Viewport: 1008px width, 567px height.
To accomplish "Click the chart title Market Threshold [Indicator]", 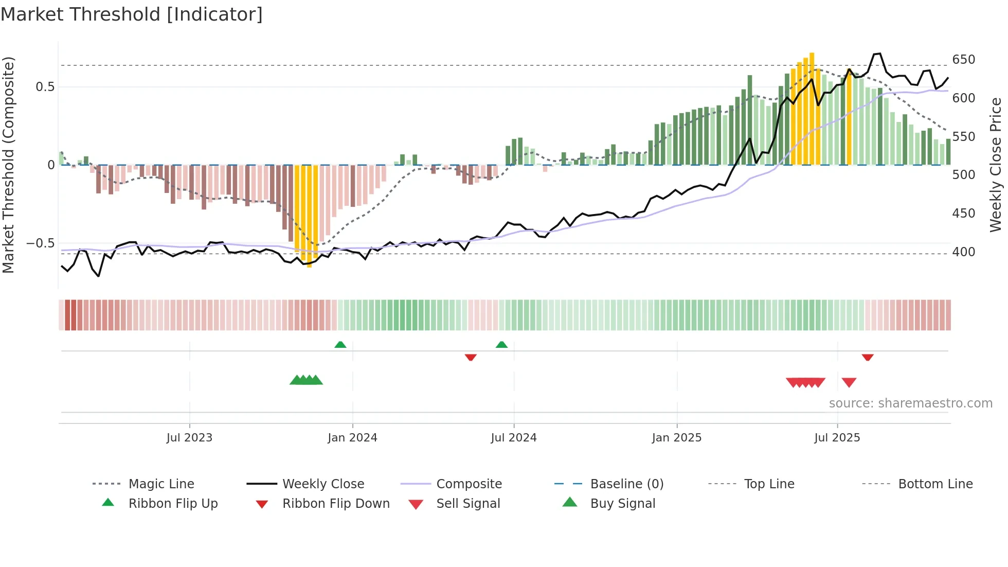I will click(x=132, y=14).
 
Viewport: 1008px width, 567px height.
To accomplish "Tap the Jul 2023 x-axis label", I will click(x=189, y=438).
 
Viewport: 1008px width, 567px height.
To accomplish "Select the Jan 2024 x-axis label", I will click(x=352, y=438).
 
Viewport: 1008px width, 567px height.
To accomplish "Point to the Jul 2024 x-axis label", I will click(x=513, y=438).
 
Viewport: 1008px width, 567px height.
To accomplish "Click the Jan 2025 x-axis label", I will click(x=676, y=438).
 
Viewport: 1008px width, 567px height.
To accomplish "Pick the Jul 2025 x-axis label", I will click(x=837, y=438).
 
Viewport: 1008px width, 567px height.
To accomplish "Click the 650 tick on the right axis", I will click(x=963, y=60).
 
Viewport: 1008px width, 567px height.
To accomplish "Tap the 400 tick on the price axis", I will click(x=963, y=252).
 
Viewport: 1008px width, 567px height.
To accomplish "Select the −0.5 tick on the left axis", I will click(x=40, y=243).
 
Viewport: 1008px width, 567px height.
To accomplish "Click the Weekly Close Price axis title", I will click(x=996, y=165).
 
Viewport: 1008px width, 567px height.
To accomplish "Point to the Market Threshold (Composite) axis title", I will click(x=8, y=165).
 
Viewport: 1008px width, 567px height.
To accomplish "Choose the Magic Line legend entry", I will click(x=161, y=484).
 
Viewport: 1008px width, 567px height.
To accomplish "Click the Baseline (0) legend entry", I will click(x=626, y=484).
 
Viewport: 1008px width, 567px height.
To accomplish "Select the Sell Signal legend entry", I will click(x=467, y=504).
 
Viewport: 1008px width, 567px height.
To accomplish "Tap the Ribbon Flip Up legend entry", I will click(x=173, y=504).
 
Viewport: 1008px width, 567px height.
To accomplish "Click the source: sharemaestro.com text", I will click(x=910, y=403).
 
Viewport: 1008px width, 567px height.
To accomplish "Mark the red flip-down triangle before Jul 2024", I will click(x=471, y=357).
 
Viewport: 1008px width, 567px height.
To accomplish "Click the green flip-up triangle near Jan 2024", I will click(x=340, y=345).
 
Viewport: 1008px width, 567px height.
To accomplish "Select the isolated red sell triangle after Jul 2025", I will click(x=849, y=382).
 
